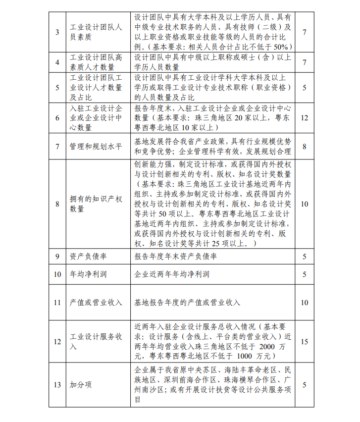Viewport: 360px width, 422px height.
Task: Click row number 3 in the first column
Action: click(x=57, y=32)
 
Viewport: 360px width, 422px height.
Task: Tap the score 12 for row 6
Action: click(x=305, y=118)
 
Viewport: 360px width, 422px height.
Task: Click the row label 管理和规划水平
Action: click(x=96, y=147)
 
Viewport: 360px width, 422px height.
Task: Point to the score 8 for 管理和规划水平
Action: click(x=305, y=147)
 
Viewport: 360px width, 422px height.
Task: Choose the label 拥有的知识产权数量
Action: click(x=96, y=204)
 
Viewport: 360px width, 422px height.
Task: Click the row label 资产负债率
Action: click(x=88, y=257)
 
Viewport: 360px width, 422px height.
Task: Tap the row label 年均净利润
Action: click(x=88, y=274)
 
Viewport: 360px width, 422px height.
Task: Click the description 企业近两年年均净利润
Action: click(x=172, y=274)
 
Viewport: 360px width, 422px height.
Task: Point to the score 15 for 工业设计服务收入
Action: click(x=305, y=342)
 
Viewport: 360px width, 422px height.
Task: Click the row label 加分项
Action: click(x=80, y=385)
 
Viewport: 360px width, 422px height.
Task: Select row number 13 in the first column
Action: click(x=57, y=385)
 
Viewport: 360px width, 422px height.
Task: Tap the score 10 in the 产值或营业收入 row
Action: click(x=305, y=302)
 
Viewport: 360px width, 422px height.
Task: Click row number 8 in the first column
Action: click(x=57, y=204)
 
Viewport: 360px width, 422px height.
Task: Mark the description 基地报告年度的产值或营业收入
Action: click(x=187, y=302)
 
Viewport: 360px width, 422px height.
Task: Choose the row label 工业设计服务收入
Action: click(x=96, y=342)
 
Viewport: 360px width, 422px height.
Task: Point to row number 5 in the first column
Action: click(x=57, y=87)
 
